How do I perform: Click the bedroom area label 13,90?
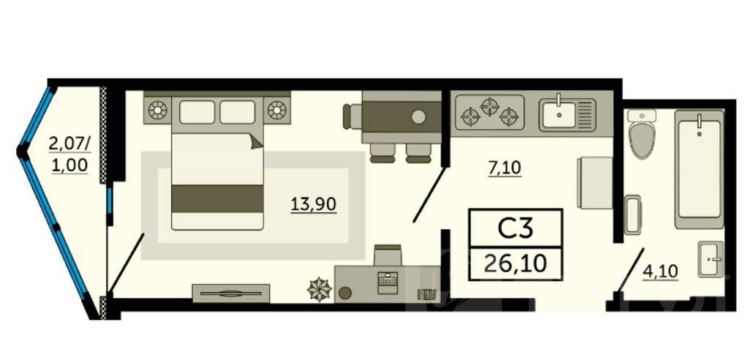pos(313,205)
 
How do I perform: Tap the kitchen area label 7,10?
pos(505,168)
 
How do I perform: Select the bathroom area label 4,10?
pos(660,271)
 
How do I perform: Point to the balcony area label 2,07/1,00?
pos(69,154)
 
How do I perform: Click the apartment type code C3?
pos(516,228)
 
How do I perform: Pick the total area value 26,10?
pos(516,263)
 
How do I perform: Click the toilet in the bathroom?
pos(642,134)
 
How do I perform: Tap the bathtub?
pos(699,169)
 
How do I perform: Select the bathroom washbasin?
pos(711,259)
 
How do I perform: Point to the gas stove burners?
pos(489,113)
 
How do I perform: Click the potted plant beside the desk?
pos(319,289)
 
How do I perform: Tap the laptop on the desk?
pos(388,282)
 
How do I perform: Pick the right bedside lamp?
pos(276,110)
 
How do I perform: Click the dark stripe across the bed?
pos(217,199)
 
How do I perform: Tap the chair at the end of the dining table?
pos(352,116)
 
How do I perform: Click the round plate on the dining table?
pos(419,116)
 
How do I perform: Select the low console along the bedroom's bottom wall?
pos(230,293)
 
